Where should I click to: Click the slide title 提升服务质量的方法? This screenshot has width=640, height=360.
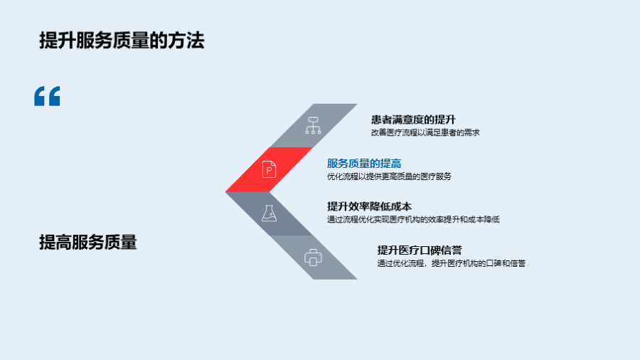122,41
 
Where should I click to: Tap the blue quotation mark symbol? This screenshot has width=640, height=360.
47,96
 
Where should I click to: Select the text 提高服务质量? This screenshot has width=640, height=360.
87,242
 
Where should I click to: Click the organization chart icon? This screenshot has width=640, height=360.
313,126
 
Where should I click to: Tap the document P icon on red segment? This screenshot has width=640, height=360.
269,169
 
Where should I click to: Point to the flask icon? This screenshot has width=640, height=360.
269,213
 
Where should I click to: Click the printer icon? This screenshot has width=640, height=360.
313,258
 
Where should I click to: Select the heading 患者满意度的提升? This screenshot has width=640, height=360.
413,120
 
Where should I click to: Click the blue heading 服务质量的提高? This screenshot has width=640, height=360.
364,163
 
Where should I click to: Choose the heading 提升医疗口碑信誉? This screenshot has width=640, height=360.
420,250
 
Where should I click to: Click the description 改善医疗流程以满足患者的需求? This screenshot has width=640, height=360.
425,132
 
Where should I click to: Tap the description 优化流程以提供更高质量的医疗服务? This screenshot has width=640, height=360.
390,176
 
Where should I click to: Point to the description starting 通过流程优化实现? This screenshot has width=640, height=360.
413,220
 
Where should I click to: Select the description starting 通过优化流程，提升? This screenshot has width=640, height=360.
452,263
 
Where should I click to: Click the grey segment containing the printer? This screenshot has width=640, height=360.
314,258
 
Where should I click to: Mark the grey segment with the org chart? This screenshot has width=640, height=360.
314,126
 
